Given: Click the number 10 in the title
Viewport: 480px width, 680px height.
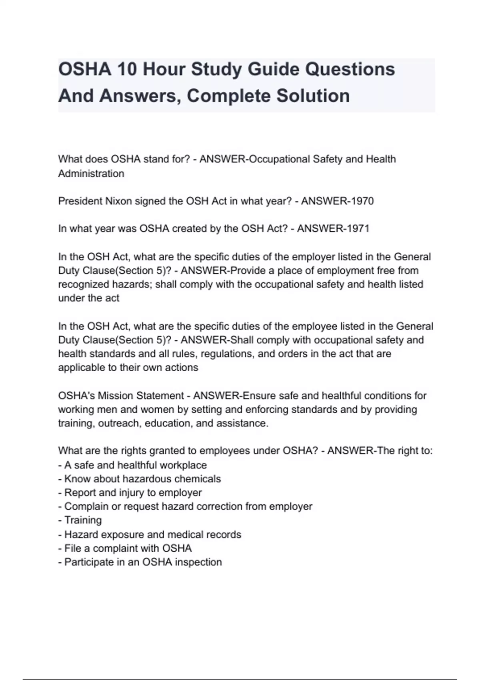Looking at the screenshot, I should tap(127, 69).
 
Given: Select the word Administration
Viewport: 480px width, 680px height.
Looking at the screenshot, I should tap(91, 174).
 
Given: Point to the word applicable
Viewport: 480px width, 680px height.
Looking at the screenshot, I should tap(82, 368).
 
